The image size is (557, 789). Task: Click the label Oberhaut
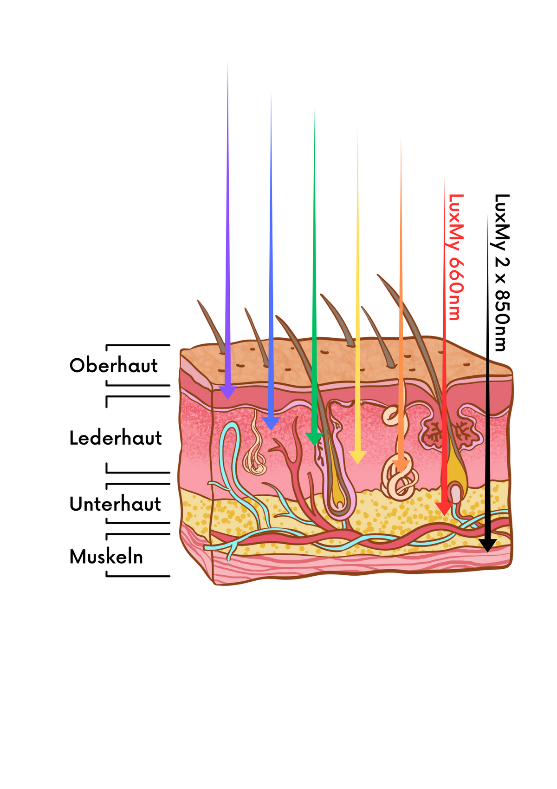(x=113, y=366)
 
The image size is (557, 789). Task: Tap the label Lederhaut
(x=116, y=438)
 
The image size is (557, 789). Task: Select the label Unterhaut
(x=115, y=504)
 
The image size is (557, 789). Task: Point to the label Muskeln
(x=106, y=557)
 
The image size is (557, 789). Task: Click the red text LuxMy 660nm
(x=456, y=257)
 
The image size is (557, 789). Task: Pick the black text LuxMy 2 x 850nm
(x=502, y=272)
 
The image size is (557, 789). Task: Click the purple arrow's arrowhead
(x=227, y=393)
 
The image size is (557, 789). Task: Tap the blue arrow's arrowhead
(x=271, y=423)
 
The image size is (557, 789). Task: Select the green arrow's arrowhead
(x=314, y=439)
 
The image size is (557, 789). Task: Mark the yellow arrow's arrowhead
(x=357, y=457)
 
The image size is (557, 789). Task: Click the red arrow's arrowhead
(x=444, y=508)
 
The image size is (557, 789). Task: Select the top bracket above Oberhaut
(x=138, y=346)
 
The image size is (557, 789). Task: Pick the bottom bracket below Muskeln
(x=138, y=576)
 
